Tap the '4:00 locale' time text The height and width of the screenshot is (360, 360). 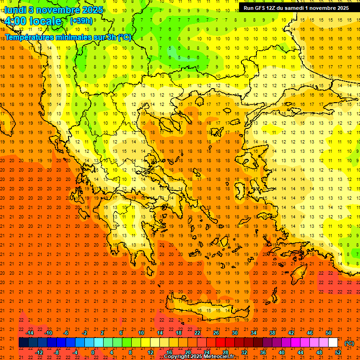point(33,21)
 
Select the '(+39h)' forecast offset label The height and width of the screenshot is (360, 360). point(81,21)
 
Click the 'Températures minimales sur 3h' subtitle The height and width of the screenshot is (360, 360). point(68,37)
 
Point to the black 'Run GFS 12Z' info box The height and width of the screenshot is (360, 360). point(296,8)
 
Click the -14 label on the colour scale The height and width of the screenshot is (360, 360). point(30,333)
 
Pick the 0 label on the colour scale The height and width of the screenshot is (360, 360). point(92,352)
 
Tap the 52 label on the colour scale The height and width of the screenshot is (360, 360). point(338,352)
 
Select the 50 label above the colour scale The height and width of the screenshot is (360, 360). point(329,333)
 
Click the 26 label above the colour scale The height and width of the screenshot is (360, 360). point(216,333)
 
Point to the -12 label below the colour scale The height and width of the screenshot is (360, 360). point(39,352)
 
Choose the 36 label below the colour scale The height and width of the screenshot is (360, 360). point(263,352)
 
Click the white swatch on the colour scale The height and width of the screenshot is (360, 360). point(333,343)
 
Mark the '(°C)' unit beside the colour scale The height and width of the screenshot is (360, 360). point(349,343)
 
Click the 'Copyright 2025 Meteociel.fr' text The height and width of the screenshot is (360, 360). point(199,357)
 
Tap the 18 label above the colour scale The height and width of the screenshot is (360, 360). point(179,333)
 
